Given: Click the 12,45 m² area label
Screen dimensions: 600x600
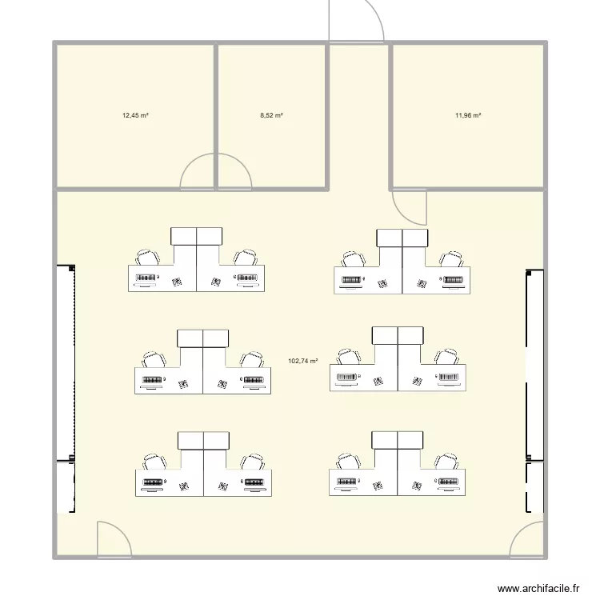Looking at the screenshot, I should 135,115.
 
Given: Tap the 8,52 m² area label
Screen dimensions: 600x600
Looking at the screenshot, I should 272,115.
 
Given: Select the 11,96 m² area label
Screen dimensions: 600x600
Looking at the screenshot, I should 468,115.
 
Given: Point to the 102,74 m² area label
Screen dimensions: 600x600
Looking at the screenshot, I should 303,361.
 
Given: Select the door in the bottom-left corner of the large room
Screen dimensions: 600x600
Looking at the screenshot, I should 112,540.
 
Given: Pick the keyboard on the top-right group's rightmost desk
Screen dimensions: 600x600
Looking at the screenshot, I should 454,280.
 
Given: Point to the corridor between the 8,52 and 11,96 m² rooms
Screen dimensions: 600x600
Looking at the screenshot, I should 358,116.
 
